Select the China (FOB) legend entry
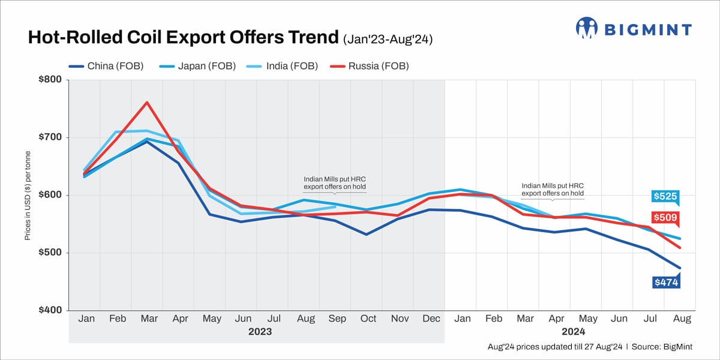tap(107, 66)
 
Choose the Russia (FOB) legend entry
tap(370, 66)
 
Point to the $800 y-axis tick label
tap(50, 80)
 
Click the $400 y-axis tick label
tap(50, 310)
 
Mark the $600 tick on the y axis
tap(50, 195)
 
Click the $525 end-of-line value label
tap(664, 196)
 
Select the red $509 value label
tap(664, 217)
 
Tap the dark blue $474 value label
tap(664, 281)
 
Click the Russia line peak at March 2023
tap(147, 102)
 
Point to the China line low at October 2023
tap(366, 234)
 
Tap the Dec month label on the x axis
tap(431, 319)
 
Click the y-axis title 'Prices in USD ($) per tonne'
tap(28, 195)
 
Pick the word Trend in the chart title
tap(311, 38)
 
